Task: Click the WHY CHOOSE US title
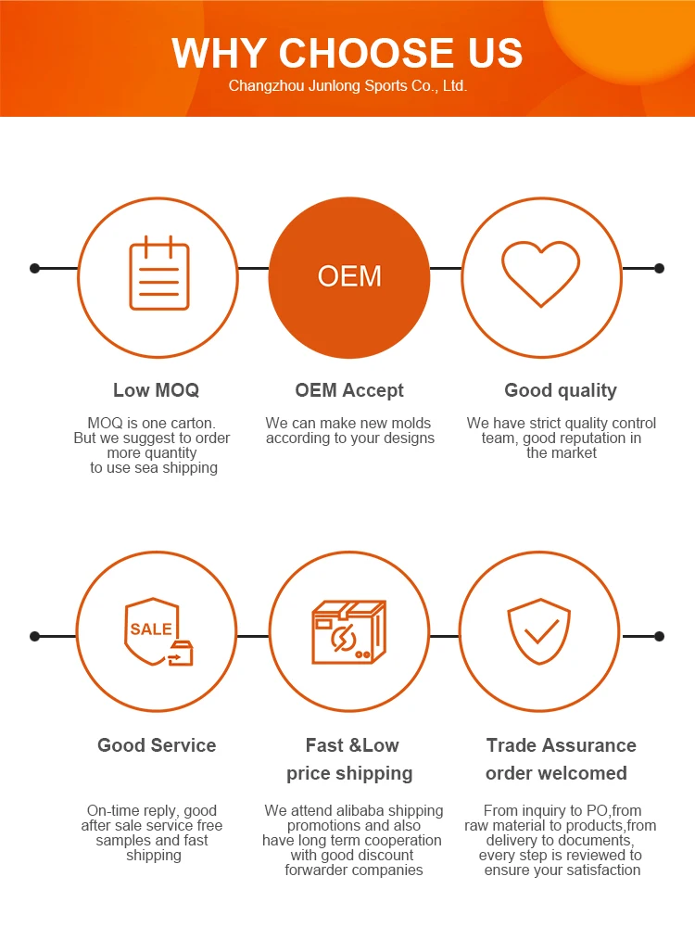pyautogui.click(x=347, y=53)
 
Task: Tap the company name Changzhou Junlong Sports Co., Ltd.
pyautogui.click(x=347, y=86)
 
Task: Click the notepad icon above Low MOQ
pyautogui.click(x=158, y=274)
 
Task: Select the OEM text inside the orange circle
pyautogui.click(x=349, y=276)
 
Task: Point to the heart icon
pyautogui.click(x=541, y=273)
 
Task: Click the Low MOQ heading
pyautogui.click(x=156, y=390)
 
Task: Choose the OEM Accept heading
pyautogui.click(x=349, y=390)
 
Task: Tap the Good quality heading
pyautogui.click(x=560, y=390)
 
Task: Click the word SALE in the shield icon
pyautogui.click(x=150, y=629)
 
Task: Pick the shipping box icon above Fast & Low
pyautogui.click(x=347, y=632)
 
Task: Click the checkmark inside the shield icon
pyautogui.click(x=539, y=633)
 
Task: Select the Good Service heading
pyautogui.click(x=157, y=745)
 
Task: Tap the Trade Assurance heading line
pyautogui.click(x=561, y=745)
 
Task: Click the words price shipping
pyautogui.click(x=349, y=773)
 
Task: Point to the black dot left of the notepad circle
pyautogui.click(x=35, y=269)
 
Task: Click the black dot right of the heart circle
pyautogui.click(x=659, y=269)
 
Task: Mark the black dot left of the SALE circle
pyautogui.click(x=35, y=636)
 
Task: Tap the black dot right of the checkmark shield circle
pyautogui.click(x=659, y=636)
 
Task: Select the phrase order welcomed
pyautogui.click(x=556, y=773)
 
